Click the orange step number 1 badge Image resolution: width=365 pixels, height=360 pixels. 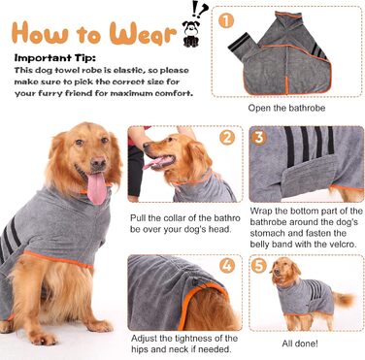(x=226, y=21)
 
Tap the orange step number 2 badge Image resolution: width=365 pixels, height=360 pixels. (x=227, y=138)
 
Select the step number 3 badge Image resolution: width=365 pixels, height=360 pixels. (x=259, y=138)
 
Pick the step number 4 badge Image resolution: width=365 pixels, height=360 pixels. (x=227, y=266)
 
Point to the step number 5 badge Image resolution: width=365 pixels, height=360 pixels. (x=259, y=266)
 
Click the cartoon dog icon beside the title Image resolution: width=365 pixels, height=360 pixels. (x=190, y=34)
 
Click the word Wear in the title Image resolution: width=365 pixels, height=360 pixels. (x=143, y=34)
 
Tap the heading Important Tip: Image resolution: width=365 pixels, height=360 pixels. (x=55, y=58)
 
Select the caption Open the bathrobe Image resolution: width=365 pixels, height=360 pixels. (x=286, y=108)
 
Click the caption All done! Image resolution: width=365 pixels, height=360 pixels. (x=300, y=344)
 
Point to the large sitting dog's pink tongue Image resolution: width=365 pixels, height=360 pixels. (x=96, y=188)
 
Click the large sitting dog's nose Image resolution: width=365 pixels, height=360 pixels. (x=98, y=162)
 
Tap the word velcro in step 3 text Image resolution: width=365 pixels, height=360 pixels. (x=343, y=244)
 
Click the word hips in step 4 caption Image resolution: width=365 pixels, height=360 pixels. (x=140, y=349)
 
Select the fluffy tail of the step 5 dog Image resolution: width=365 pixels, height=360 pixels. (x=344, y=300)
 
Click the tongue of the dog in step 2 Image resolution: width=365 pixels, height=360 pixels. (x=152, y=163)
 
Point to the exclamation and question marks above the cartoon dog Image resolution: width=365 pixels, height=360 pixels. (x=199, y=10)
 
